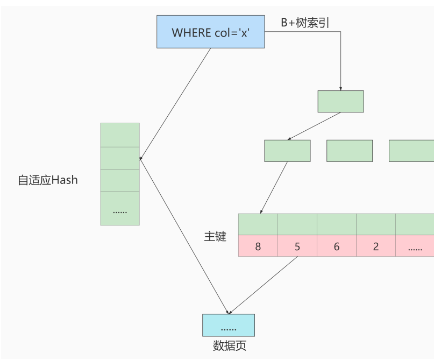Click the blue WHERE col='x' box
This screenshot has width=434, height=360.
(211, 32)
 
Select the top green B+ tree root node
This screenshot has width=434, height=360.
(340, 101)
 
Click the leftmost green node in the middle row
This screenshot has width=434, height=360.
(287, 151)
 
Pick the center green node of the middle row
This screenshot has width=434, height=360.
(350, 151)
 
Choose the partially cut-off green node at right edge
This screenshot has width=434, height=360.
(411, 151)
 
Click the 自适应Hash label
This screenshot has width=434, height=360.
(48, 180)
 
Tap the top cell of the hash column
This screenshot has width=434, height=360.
(120, 135)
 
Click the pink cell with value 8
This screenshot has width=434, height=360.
(258, 246)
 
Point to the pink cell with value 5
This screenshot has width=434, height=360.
(297, 246)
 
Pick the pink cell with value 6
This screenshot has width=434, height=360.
(337, 246)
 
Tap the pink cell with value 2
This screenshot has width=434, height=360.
(376, 246)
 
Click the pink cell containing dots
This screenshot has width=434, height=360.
(415, 246)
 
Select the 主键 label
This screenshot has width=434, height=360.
(215, 236)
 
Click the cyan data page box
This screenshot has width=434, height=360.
(228, 326)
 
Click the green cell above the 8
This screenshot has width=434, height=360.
(258, 224)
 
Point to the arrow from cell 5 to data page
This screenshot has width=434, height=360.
(264, 285)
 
